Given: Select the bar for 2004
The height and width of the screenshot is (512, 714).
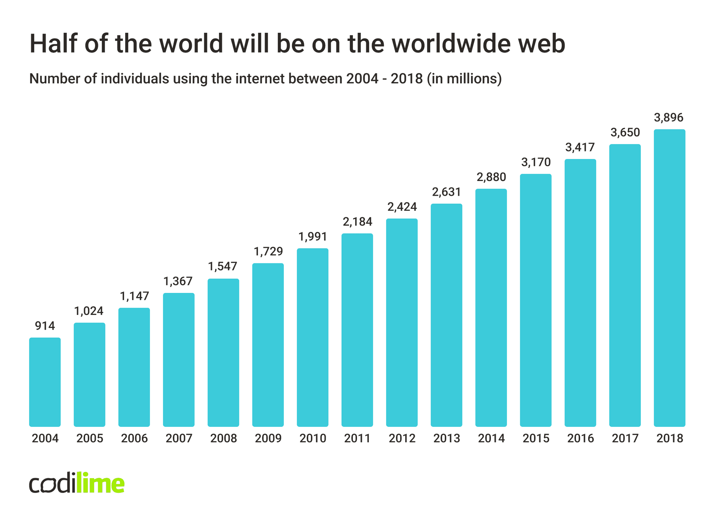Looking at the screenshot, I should tap(45, 382).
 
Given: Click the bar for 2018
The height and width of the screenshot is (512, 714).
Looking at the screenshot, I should tap(669, 278).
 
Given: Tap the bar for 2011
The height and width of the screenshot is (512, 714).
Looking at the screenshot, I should tap(357, 330).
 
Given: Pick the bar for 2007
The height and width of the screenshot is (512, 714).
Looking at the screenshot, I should tap(178, 360).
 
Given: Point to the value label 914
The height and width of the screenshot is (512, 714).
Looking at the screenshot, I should tap(45, 326).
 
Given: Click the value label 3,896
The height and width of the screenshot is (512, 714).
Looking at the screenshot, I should tap(669, 118).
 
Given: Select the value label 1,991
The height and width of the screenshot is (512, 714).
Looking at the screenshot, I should tap(313, 236).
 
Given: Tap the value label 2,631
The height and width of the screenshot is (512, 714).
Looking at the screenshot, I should tap(447, 192).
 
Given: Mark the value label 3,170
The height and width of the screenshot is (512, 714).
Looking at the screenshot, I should tap(536, 162).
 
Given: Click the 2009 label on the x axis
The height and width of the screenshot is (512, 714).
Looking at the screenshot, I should tap(268, 438).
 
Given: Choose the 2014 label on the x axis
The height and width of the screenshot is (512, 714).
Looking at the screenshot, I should tap(491, 438).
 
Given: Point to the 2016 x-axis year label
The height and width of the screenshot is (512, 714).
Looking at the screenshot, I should tap(580, 438).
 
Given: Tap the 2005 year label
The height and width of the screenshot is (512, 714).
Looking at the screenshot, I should tap(90, 438).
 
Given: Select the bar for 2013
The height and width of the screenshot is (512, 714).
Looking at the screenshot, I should tap(446, 315).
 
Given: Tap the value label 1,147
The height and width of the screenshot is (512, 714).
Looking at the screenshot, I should tap(134, 296).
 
